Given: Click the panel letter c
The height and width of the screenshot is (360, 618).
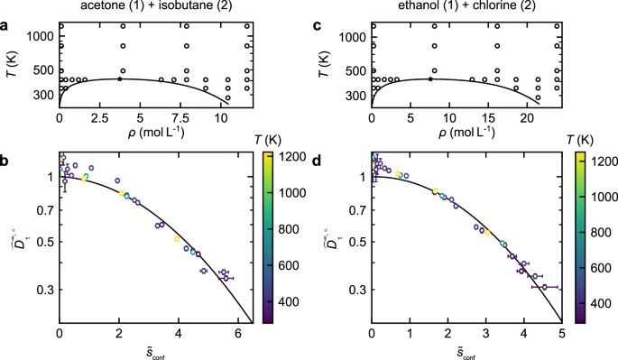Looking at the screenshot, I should (321, 22).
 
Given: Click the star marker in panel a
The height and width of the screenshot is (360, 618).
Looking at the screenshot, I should (120, 79).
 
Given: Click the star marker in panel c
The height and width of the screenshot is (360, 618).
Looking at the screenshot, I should (430, 79).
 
